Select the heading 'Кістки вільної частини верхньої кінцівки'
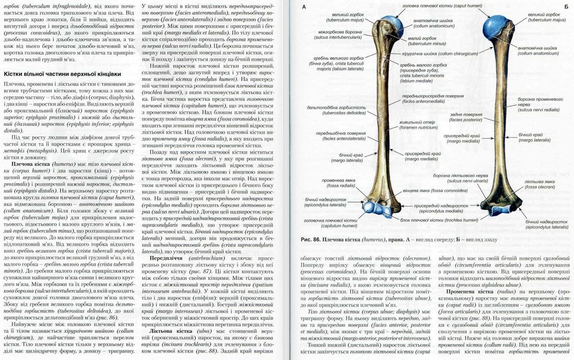point(63,74)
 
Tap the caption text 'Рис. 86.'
point(308,239)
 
